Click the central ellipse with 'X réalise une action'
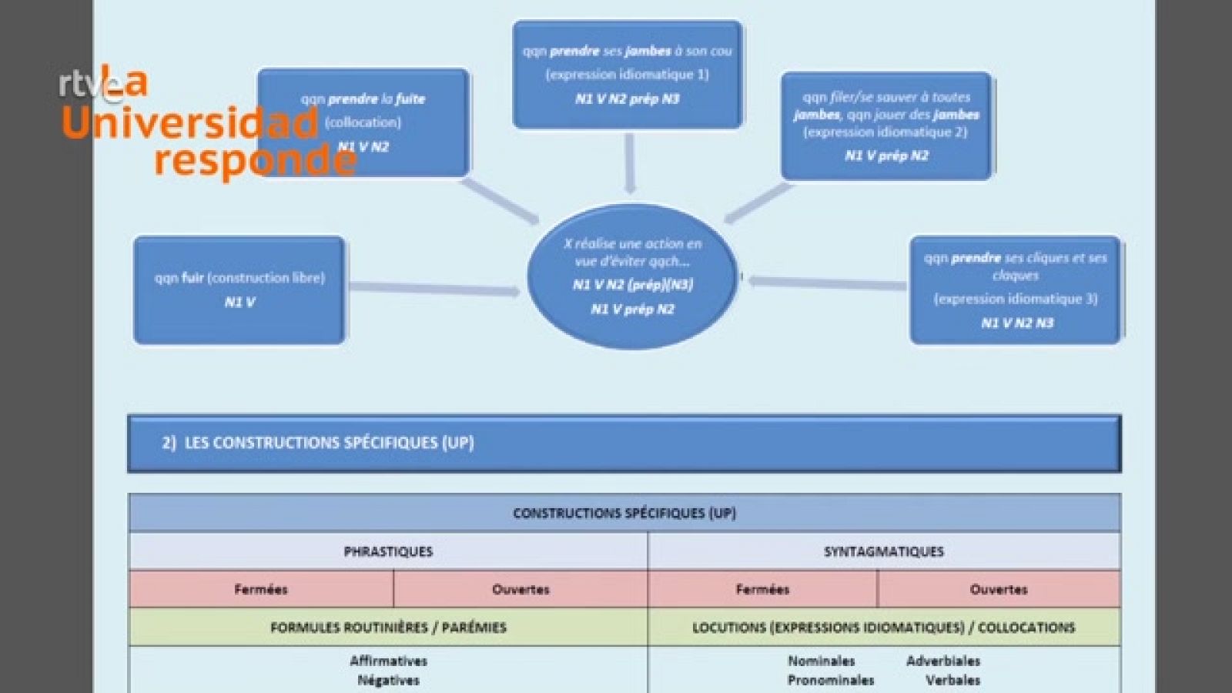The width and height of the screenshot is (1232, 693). [631, 276]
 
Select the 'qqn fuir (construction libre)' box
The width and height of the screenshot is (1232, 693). [239, 290]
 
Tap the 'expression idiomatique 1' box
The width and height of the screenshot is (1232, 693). [628, 74]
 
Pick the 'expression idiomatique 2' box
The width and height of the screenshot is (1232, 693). [886, 126]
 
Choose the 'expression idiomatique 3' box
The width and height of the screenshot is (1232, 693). [1015, 290]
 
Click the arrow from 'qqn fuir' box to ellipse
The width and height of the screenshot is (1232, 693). [435, 289]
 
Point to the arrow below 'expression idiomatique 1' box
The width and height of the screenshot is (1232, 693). [630, 163]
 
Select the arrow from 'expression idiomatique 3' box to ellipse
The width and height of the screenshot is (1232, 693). [828, 283]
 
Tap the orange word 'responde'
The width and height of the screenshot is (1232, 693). [254, 160]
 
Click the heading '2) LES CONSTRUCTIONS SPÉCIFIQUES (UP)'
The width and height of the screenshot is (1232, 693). [318, 443]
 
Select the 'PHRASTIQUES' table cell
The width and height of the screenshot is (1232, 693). [388, 551]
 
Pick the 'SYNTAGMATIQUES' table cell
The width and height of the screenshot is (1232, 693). [883, 551]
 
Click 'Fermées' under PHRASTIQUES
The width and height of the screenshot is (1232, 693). [261, 589]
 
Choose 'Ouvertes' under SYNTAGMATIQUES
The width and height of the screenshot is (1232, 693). [998, 589]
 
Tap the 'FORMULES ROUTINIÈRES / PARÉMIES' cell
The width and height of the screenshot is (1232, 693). [388, 628]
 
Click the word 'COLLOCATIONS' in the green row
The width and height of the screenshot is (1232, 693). [1026, 628]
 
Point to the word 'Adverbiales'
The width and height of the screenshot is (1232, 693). [943, 661]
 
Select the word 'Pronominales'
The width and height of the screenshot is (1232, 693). [830, 680]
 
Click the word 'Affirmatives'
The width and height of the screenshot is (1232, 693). [388, 661]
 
